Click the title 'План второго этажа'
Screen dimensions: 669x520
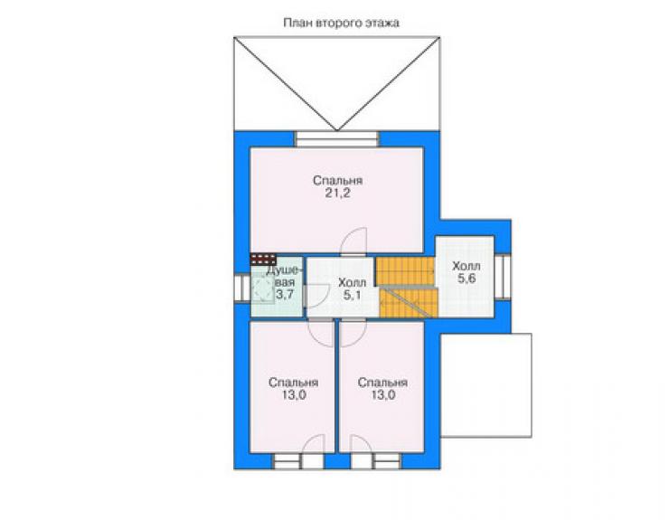pyautogui.click(x=342, y=23)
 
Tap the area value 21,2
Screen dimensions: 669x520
pyautogui.click(x=337, y=193)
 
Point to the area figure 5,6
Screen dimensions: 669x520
pyautogui.click(x=466, y=279)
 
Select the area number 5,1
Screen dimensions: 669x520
pyautogui.click(x=352, y=295)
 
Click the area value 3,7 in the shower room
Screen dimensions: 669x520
pyautogui.click(x=285, y=294)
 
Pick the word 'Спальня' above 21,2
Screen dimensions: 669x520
pyautogui.click(x=337, y=181)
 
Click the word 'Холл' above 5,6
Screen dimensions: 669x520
pyautogui.click(x=466, y=266)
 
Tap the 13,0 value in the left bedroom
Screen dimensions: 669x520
pyautogui.click(x=294, y=395)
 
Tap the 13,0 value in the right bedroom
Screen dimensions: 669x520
pyautogui.click(x=382, y=395)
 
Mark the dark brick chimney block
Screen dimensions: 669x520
pyautogui.click(x=263, y=259)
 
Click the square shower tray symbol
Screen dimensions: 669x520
pyautogui.click(x=262, y=289)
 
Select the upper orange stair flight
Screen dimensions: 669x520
pyautogui.click(x=404, y=270)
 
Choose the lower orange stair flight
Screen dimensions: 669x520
pyautogui.click(x=409, y=303)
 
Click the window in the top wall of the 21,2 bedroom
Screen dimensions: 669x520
pyautogui.click(x=337, y=139)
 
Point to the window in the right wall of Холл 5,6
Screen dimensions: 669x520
pyautogui.click(x=503, y=277)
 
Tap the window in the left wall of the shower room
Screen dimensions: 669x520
pyautogui.click(x=242, y=288)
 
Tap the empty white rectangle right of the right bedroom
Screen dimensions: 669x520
pyautogui.click(x=486, y=385)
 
